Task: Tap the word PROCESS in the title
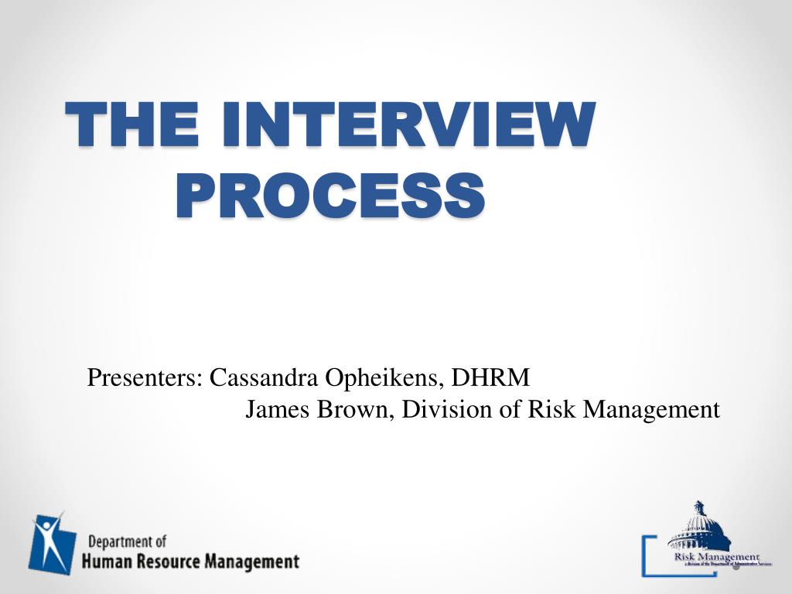330,196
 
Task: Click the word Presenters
145,378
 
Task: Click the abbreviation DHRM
491,378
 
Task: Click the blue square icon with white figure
52,543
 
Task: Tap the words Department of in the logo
127,541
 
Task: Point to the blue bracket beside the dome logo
647,555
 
